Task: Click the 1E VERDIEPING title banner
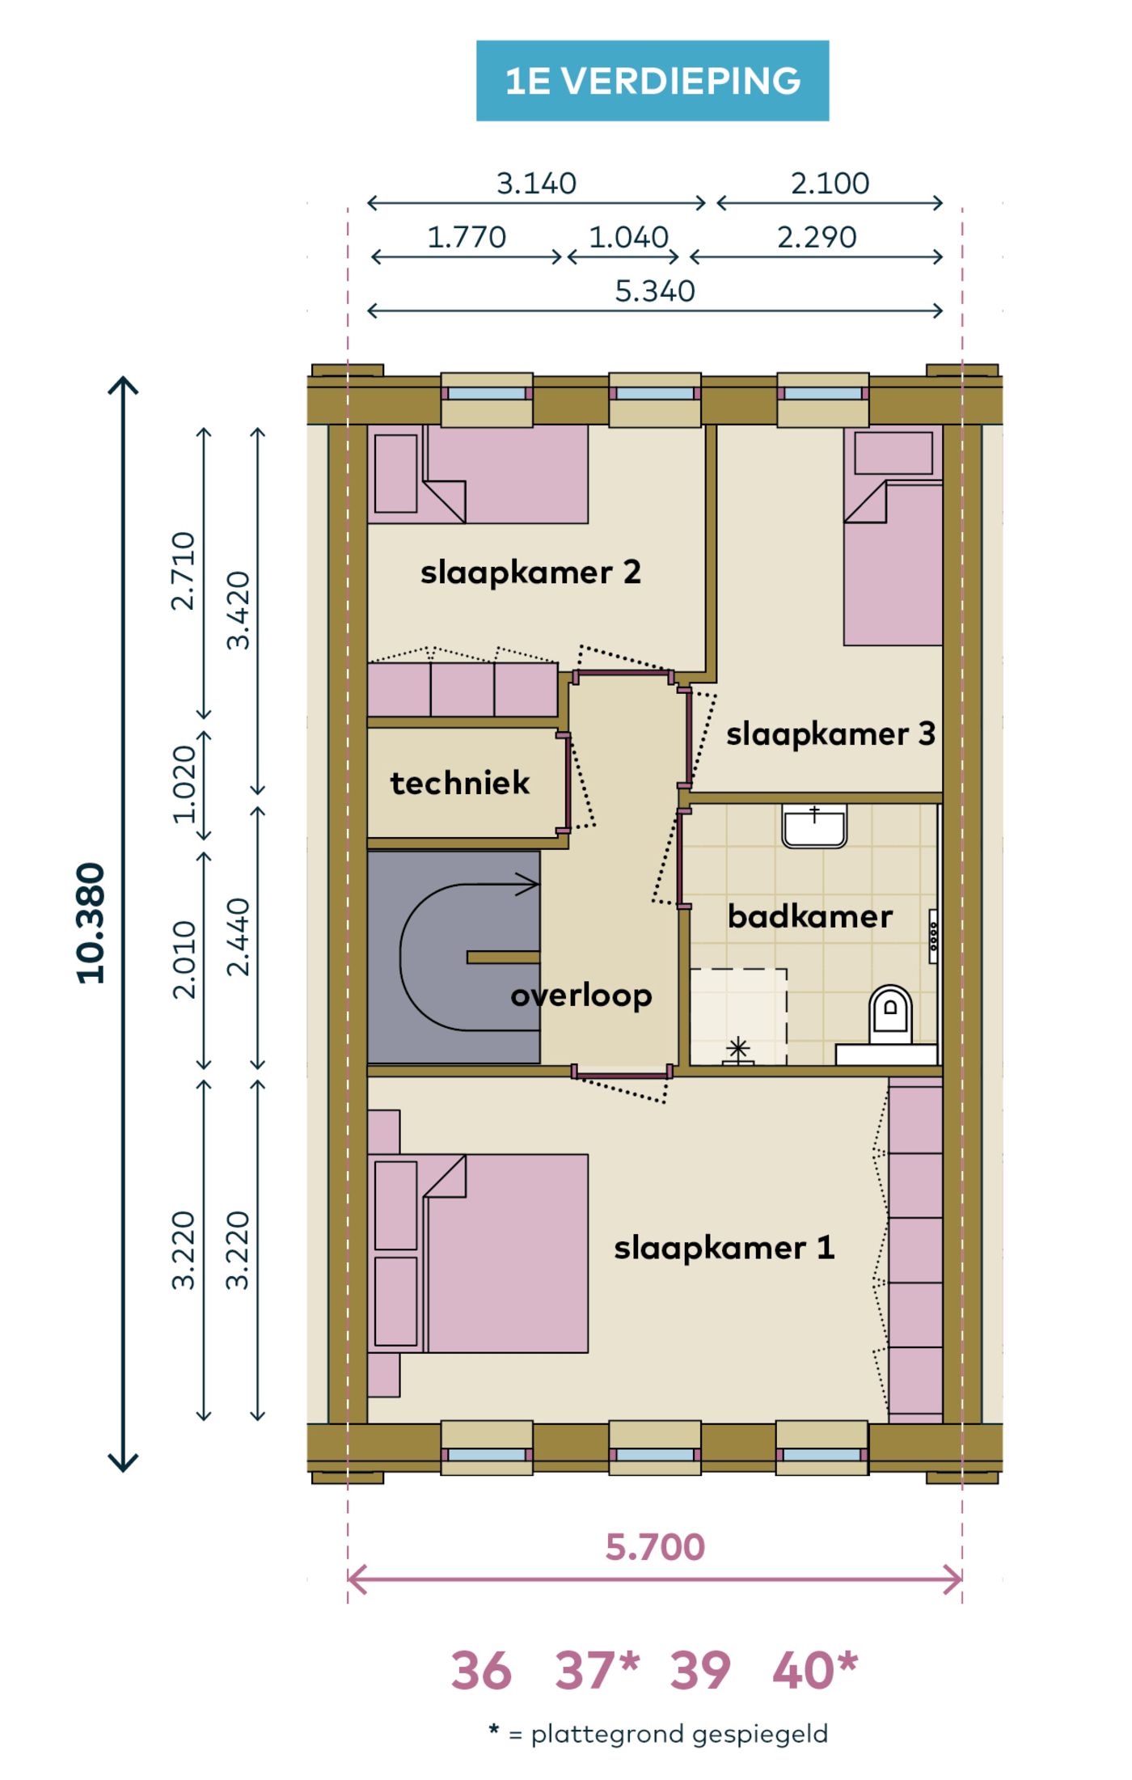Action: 653,81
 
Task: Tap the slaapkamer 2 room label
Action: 530,573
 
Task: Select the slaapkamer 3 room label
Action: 830,734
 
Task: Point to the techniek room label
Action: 460,783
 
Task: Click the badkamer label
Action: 810,916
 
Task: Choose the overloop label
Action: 581,996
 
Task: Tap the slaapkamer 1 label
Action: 724,1247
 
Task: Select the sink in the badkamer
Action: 814,826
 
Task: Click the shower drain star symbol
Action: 737,1051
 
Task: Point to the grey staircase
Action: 454,957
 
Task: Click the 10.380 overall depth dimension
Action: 91,924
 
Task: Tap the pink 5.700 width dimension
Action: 655,1547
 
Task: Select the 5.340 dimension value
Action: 655,291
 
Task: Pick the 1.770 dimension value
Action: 467,238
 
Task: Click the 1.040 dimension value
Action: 628,238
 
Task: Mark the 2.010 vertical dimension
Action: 184,960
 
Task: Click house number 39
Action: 700,1672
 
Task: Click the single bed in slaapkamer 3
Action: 893,536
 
